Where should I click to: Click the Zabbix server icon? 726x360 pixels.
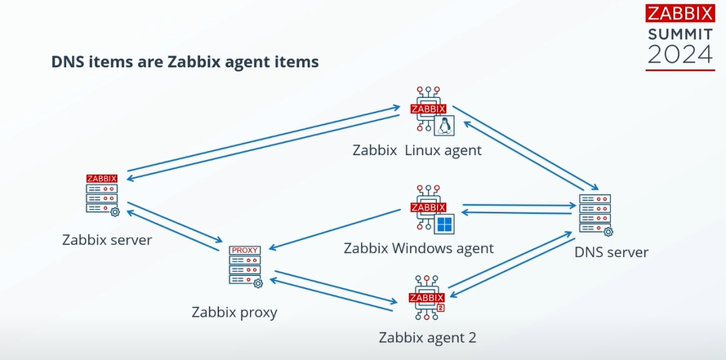102,194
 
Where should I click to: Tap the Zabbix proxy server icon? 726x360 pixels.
245,266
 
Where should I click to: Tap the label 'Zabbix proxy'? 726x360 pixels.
234,312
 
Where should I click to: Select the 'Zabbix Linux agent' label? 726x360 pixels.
417,150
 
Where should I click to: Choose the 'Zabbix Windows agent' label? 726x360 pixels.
419,248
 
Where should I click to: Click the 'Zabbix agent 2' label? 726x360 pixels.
427,338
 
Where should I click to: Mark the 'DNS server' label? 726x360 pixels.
612,252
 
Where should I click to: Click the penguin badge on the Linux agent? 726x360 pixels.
445,125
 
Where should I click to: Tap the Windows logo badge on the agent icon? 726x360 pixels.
445,224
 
